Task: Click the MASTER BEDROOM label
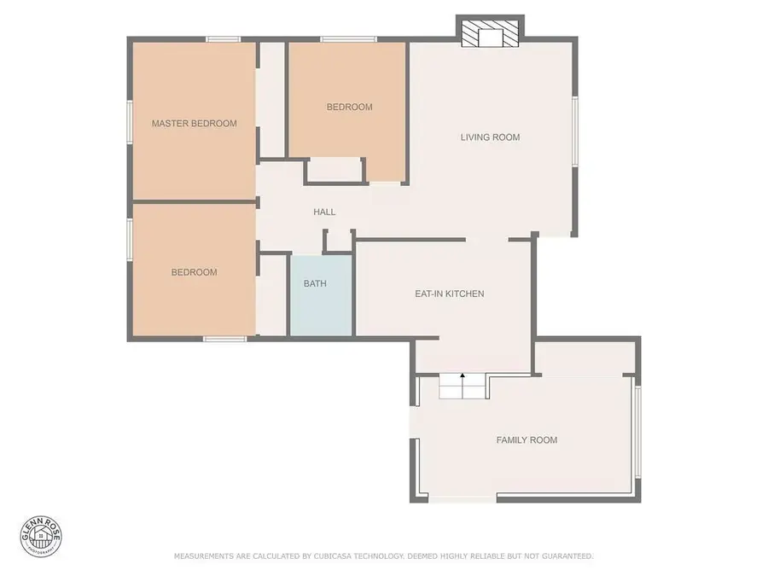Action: pos(194,124)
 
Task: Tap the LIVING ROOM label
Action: pos(490,137)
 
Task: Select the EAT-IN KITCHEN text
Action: pos(449,294)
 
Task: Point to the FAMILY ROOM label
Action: pos(527,440)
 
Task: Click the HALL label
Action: pos(324,212)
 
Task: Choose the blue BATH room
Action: pos(315,294)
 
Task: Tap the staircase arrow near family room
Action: pos(463,376)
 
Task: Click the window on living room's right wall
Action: pos(575,130)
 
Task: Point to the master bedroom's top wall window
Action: pos(223,38)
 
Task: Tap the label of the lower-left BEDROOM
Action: pos(194,272)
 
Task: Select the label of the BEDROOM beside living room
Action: pos(349,107)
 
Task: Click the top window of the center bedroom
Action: pos(348,38)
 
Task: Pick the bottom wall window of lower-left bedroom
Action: pos(224,339)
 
